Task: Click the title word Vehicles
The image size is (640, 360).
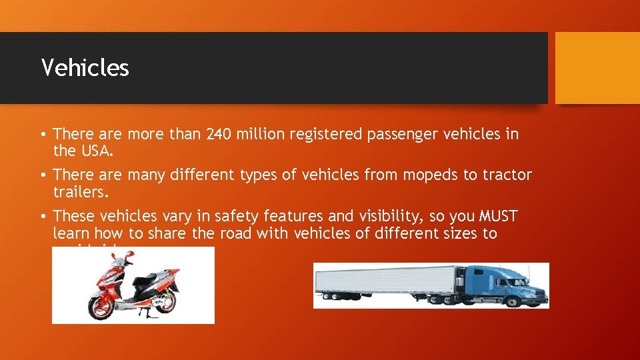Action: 85,67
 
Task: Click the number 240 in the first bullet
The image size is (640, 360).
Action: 220,135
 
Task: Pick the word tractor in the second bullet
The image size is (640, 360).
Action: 506,175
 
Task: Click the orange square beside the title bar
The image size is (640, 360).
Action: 597,67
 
